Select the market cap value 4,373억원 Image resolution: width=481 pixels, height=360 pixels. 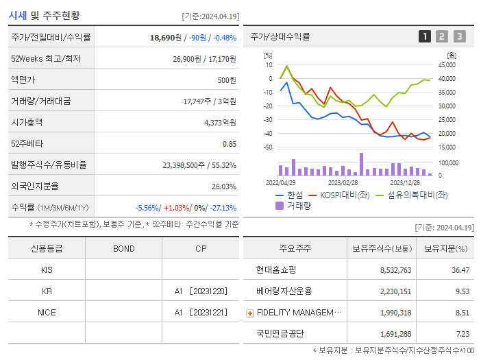(220, 123)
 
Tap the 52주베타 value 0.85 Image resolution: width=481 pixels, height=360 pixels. (230, 144)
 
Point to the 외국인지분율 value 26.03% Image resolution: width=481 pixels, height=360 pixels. (223, 187)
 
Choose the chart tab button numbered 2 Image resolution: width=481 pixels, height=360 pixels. (442, 36)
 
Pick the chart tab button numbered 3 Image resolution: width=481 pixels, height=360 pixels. (459, 36)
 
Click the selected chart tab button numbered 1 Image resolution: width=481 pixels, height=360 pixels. (425, 36)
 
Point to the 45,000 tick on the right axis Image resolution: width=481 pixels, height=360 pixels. (446, 65)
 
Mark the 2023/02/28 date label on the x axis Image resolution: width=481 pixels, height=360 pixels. (343, 183)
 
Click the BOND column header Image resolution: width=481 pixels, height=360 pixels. (124, 248)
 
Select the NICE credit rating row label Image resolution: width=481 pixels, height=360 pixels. (47, 313)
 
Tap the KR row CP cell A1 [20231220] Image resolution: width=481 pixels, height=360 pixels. (200, 291)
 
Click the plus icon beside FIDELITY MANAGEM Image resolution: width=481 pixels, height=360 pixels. (250, 313)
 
